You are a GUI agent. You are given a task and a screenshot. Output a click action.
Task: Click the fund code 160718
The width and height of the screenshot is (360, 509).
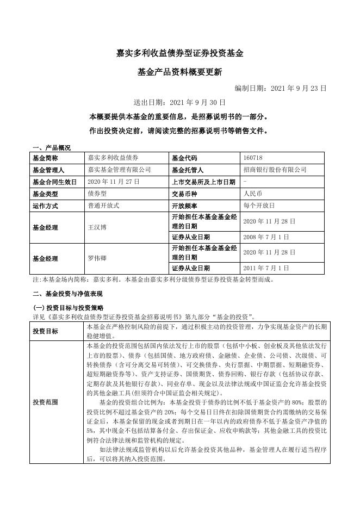point(253,158)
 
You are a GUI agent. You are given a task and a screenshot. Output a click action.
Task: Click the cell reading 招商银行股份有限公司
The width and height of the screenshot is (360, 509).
point(274,170)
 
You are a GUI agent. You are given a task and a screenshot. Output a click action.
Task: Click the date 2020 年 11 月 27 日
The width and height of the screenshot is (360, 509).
point(113,182)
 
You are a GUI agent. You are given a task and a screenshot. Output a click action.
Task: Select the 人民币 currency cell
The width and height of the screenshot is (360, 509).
point(253,194)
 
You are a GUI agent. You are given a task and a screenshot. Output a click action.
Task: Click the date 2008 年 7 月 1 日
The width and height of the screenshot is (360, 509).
point(266,237)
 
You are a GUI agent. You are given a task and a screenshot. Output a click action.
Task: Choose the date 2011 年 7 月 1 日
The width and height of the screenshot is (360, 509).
point(266,268)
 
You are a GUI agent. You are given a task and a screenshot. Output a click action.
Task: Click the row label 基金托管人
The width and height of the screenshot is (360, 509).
point(187,170)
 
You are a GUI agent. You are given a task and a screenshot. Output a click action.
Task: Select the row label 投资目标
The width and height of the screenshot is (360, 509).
point(46,331)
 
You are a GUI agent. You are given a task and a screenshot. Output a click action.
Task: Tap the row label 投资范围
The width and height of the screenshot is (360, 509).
point(46,402)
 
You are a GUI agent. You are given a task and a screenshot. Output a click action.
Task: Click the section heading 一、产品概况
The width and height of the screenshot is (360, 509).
point(52,147)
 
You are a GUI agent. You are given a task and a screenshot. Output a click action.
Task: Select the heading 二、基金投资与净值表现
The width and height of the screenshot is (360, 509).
point(68,294)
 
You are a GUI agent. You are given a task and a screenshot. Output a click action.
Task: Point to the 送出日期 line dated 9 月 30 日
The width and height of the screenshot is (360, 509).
point(179,102)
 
